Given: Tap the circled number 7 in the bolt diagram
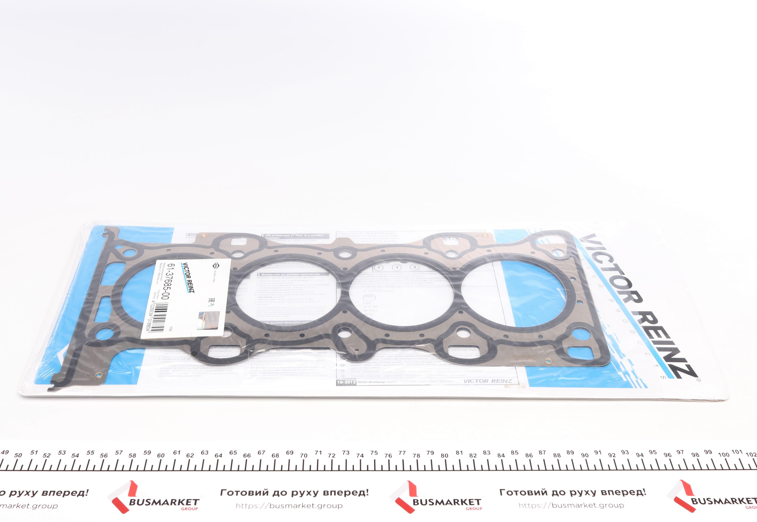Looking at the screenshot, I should click(379, 267).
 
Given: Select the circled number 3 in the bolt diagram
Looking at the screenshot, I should click(397, 267).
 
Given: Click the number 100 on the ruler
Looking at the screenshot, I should click(724, 455).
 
